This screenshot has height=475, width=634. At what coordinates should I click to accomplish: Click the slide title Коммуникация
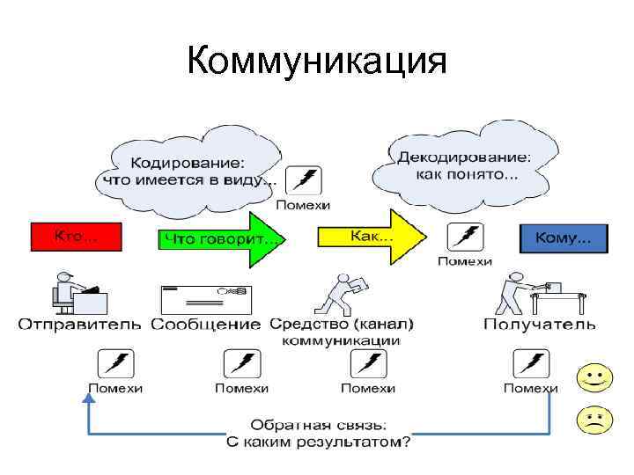tap(317, 62)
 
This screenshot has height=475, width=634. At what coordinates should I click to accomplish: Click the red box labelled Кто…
tap(76, 237)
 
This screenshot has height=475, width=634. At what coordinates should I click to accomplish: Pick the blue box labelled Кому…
tap(563, 237)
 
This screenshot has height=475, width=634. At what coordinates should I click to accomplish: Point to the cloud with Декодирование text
tap(464, 166)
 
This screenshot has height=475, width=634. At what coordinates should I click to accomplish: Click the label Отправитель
tap(80, 324)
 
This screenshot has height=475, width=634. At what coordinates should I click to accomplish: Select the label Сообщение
tap(205, 324)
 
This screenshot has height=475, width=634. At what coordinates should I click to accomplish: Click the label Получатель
tap(539, 324)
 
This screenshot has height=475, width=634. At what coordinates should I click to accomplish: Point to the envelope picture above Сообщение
tap(205, 298)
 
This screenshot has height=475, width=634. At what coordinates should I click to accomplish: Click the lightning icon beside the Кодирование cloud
tap(304, 181)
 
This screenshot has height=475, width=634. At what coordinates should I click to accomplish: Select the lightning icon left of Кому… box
tap(465, 237)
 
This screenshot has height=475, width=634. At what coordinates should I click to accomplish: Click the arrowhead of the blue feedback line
tap(88, 398)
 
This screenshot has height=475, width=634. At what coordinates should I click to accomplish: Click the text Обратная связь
tap(318, 424)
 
